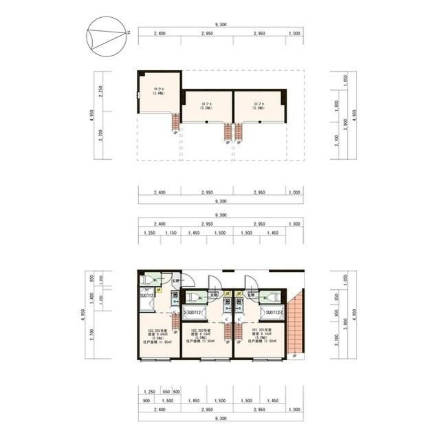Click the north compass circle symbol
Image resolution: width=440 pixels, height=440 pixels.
point(107,35)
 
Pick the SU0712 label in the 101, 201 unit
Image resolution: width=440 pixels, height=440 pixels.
point(272,312)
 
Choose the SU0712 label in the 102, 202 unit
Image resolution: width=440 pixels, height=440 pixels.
point(194,312)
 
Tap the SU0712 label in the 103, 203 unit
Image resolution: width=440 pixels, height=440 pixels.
point(148,296)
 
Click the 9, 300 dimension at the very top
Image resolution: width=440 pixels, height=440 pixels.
point(220,24)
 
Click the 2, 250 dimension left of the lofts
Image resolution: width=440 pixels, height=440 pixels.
point(100,92)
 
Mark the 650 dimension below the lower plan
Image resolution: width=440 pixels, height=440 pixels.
point(166,391)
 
